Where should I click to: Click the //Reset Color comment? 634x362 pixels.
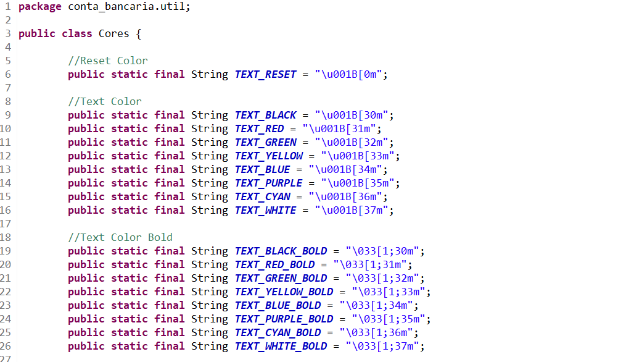tap(108, 61)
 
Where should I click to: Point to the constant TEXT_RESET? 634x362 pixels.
tap(265, 74)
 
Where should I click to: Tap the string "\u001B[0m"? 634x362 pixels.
tap(351, 74)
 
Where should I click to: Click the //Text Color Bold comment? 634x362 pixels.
tap(120, 237)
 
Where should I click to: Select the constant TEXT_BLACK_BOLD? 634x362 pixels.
tap(281, 251)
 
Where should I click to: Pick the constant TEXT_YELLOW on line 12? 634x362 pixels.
tap(268, 156)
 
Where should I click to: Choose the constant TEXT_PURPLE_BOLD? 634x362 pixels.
tap(284, 319)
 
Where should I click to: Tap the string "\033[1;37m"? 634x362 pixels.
tap(385, 346)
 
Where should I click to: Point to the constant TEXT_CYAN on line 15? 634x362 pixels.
tap(262, 196)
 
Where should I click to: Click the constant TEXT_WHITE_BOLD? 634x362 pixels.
tap(281, 346)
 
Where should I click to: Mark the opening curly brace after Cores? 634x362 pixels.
tap(139, 33)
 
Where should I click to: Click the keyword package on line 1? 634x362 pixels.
tap(40, 7)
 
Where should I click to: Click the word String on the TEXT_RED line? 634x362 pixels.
tap(210, 128)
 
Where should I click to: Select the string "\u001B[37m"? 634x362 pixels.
tap(354, 210)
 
